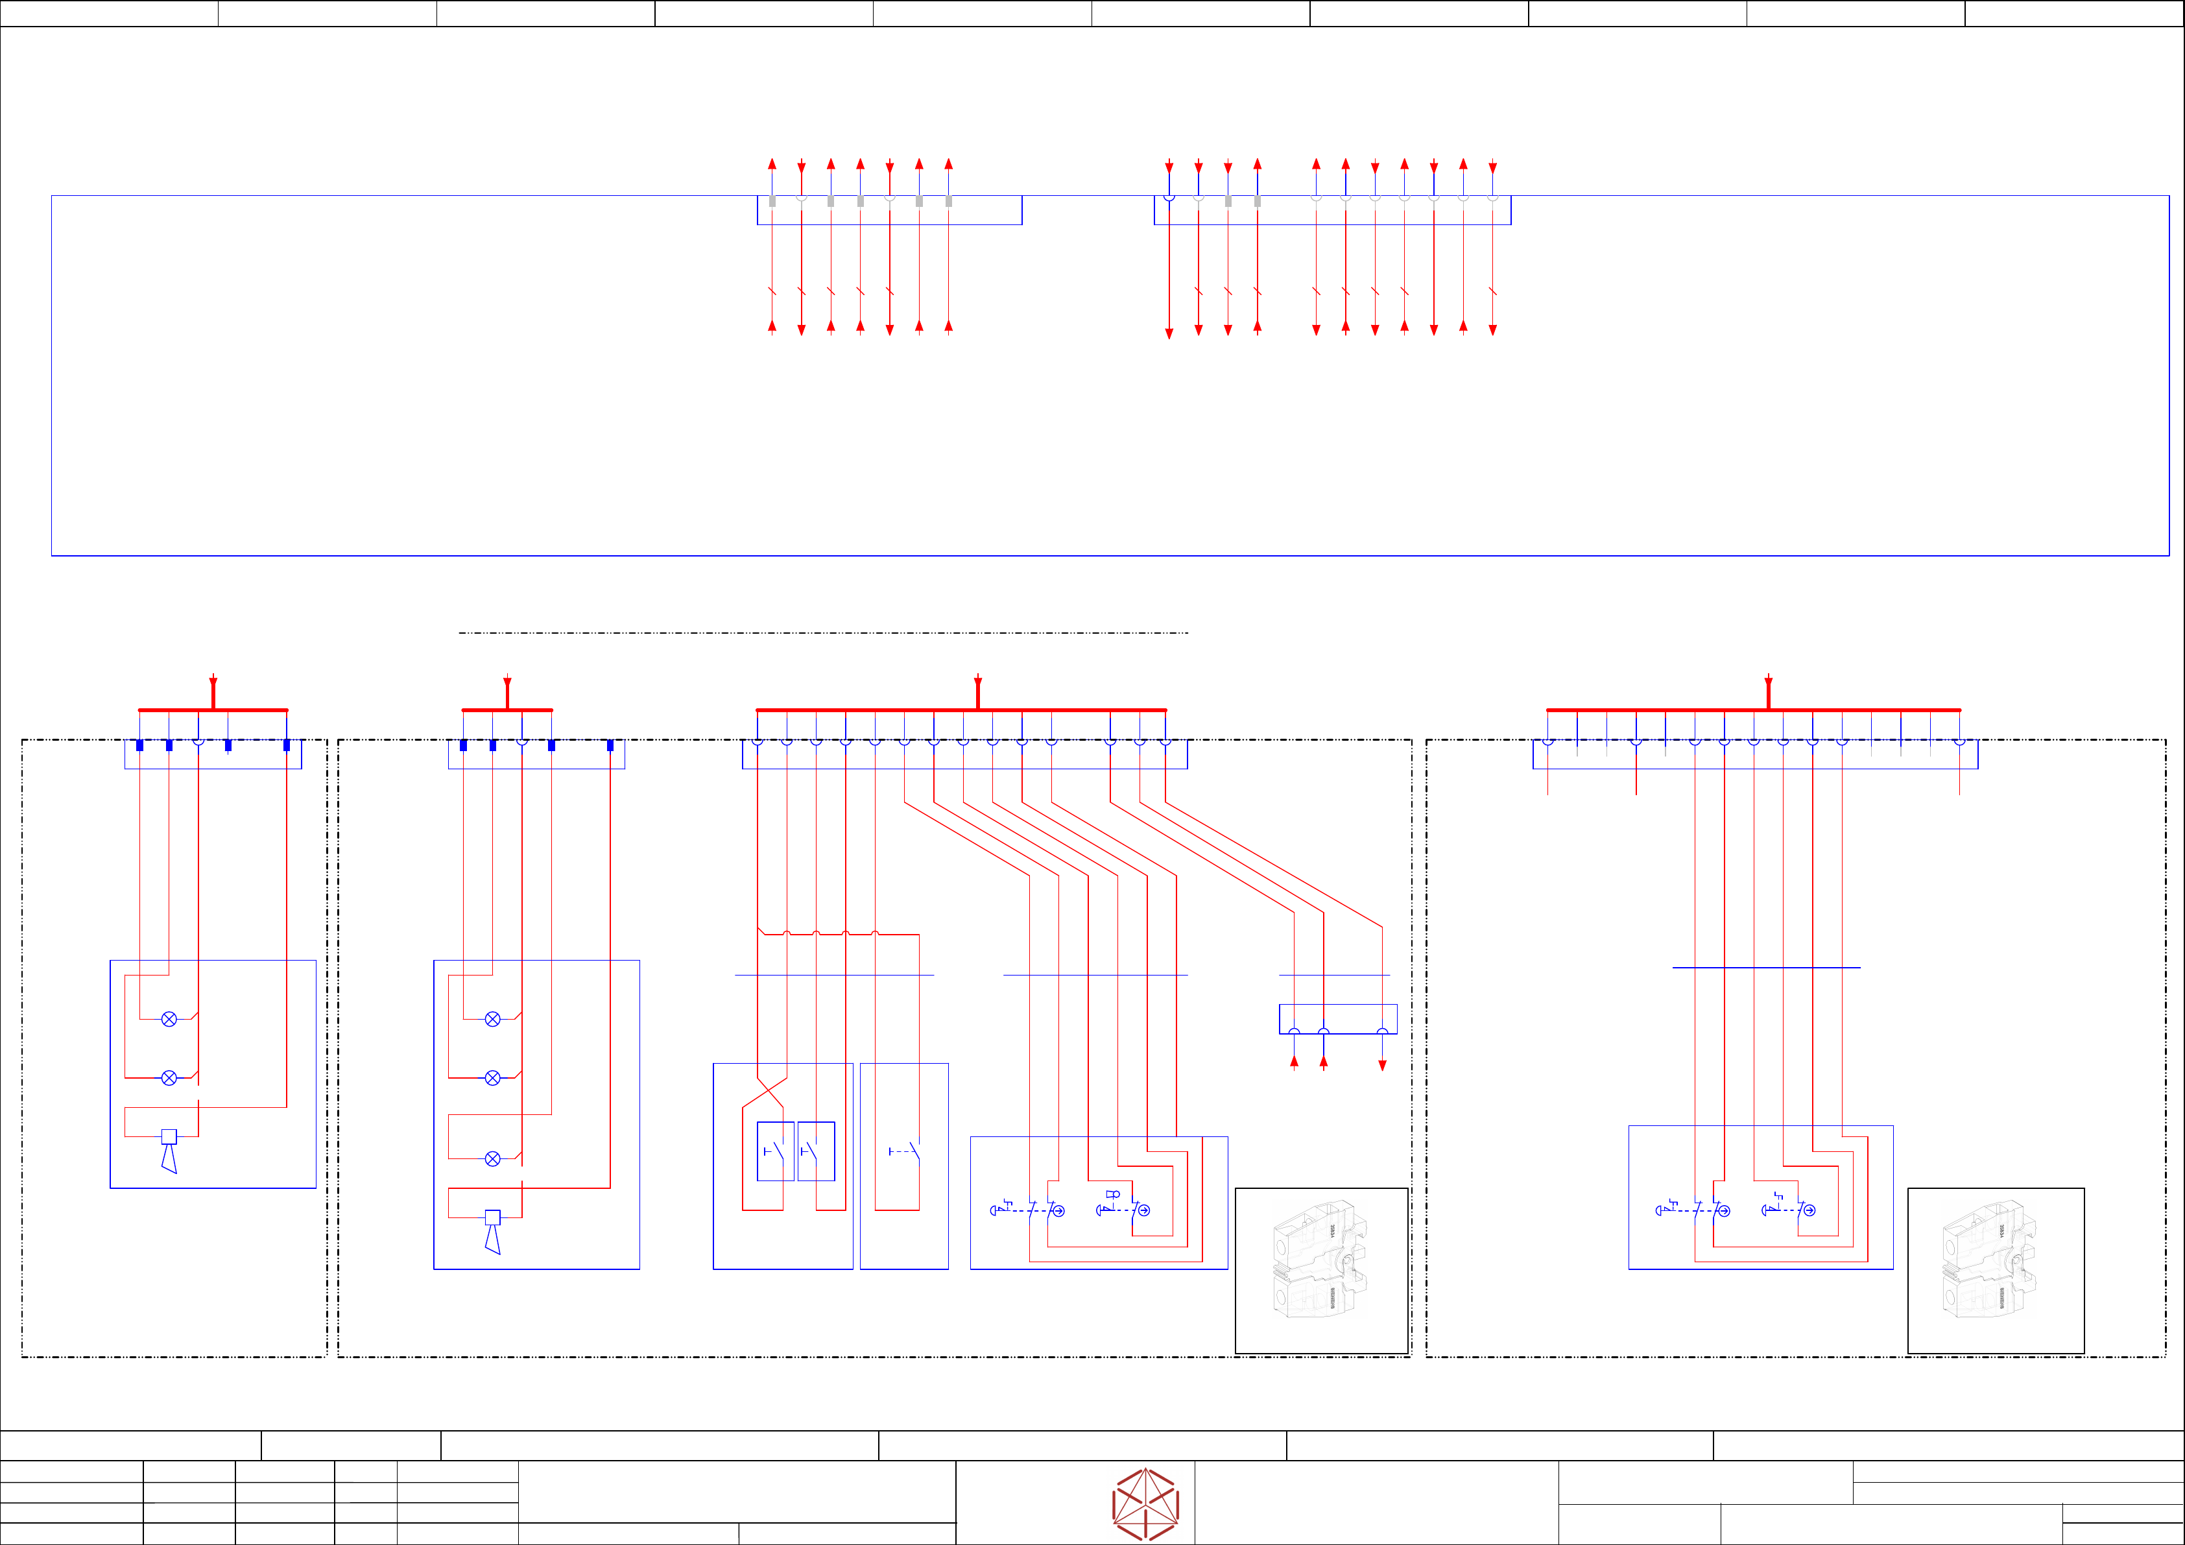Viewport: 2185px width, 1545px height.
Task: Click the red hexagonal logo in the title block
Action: pyautogui.click(x=1146, y=1504)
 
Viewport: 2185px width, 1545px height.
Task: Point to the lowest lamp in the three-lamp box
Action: pyautogui.click(x=492, y=1158)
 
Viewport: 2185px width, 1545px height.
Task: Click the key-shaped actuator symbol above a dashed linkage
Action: pyautogui.click(x=1112, y=1195)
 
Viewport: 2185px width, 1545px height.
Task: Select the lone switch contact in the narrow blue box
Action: pyautogui.click(x=904, y=1152)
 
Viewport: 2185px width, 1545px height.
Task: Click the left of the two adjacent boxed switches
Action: pyautogui.click(x=774, y=1152)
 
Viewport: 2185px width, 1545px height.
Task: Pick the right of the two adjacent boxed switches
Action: pyautogui.click(x=816, y=1152)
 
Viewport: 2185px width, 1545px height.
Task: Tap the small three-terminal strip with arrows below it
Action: pyautogui.click(x=1338, y=1018)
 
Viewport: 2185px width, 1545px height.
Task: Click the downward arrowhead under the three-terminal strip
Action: pyautogui.click(x=1383, y=1065)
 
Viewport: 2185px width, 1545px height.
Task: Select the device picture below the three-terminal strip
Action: pyautogui.click(x=1321, y=1270)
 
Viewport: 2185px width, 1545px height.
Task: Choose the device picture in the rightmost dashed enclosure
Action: pyautogui.click(x=1995, y=1270)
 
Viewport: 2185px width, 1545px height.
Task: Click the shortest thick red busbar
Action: pyautogui.click(x=507, y=710)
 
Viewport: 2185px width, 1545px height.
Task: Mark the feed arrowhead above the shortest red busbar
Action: pyautogui.click(x=507, y=684)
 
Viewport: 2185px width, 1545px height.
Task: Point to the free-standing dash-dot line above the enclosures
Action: pyautogui.click(x=823, y=633)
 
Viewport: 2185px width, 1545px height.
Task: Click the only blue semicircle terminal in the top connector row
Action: pyautogui.click(x=1169, y=198)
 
